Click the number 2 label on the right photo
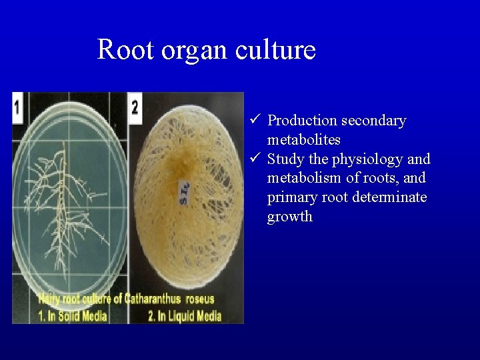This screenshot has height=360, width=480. pyautogui.click(x=135, y=107)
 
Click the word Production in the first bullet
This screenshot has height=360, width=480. pyautogui.click(x=302, y=121)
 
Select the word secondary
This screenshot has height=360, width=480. pyautogui.click(x=373, y=121)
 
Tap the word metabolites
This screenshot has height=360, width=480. pyautogui.click(x=304, y=140)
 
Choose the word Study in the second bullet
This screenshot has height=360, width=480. pyautogui.click(x=286, y=160)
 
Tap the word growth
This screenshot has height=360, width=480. pyautogui.click(x=289, y=217)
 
